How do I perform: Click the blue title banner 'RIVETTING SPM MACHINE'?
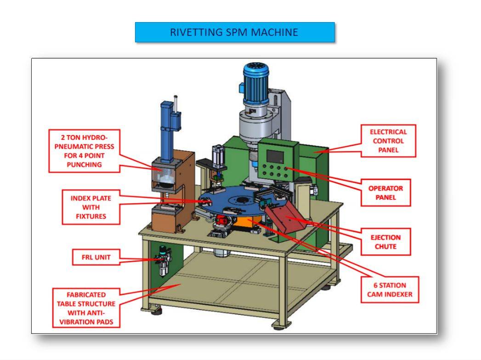click(x=234, y=32)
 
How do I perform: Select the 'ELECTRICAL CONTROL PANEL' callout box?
click(x=388, y=140)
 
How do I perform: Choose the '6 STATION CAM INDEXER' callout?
click(x=389, y=290)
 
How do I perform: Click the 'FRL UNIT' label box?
click(x=93, y=257)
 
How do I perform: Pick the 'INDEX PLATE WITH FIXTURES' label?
click(x=91, y=206)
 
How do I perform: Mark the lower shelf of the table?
click(x=243, y=280)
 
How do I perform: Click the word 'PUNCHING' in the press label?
click(x=81, y=165)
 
